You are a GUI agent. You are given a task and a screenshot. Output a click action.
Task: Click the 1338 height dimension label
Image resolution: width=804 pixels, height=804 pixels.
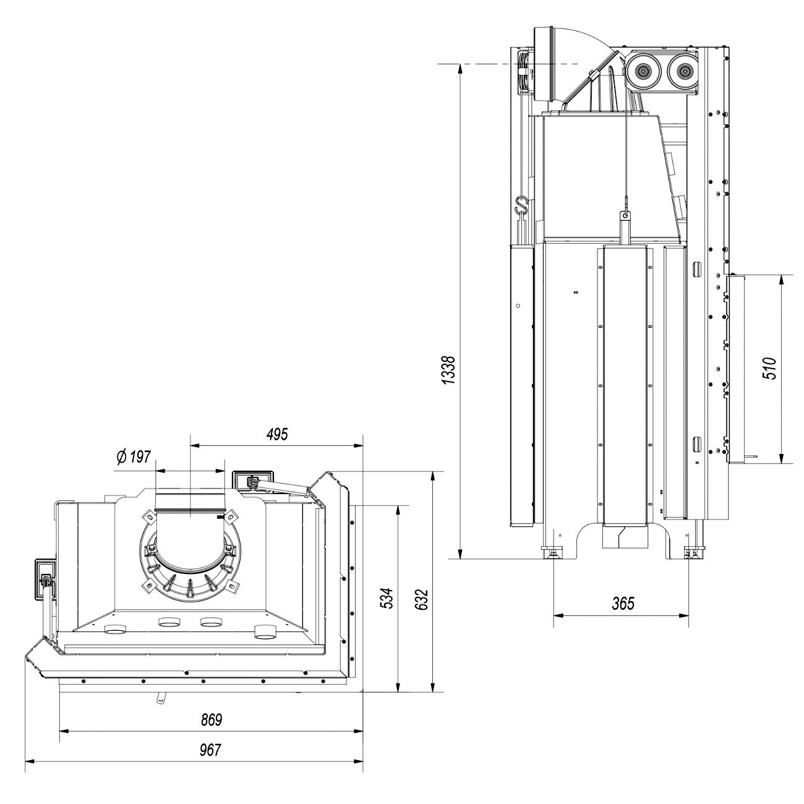(x=450, y=370)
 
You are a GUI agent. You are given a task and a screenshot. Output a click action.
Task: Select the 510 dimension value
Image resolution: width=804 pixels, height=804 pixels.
(x=770, y=369)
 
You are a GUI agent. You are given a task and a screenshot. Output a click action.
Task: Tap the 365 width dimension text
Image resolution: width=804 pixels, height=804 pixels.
(x=622, y=603)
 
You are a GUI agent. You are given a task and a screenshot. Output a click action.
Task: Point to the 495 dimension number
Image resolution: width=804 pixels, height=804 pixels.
(x=276, y=434)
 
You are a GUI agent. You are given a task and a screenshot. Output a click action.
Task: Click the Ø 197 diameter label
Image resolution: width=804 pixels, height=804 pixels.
(x=134, y=457)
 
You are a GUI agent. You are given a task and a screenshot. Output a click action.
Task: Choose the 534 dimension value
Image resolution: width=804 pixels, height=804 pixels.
(x=385, y=599)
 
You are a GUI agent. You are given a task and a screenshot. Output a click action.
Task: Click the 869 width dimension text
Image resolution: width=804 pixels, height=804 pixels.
(x=211, y=719)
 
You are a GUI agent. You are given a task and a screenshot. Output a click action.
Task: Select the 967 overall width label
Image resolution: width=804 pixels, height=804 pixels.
(x=211, y=750)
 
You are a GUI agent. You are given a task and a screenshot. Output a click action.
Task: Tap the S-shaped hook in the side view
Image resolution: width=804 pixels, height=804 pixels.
(x=521, y=204)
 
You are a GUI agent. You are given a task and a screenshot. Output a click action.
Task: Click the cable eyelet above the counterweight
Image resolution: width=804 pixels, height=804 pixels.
(x=625, y=215)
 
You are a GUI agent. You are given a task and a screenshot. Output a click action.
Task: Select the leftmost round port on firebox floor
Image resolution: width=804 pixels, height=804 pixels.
(x=115, y=631)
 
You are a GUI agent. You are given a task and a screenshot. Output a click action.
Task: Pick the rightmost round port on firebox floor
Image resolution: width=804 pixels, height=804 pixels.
(x=267, y=631)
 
